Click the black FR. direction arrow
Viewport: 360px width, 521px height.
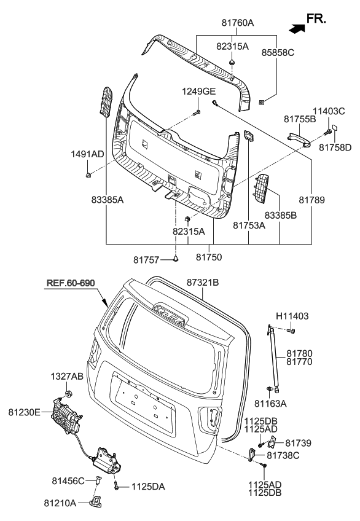click(x=297, y=27)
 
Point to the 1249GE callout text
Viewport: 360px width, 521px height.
click(x=196, y=92)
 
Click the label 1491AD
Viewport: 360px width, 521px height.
click(x=87, y=154)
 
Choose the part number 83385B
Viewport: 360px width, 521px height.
click(x=280, y=216)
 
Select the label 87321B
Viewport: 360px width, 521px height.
click(x=203, y=282)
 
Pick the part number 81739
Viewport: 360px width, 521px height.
click(x=299, y=442)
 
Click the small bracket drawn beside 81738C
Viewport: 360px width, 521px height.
click(x=252, y=453)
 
